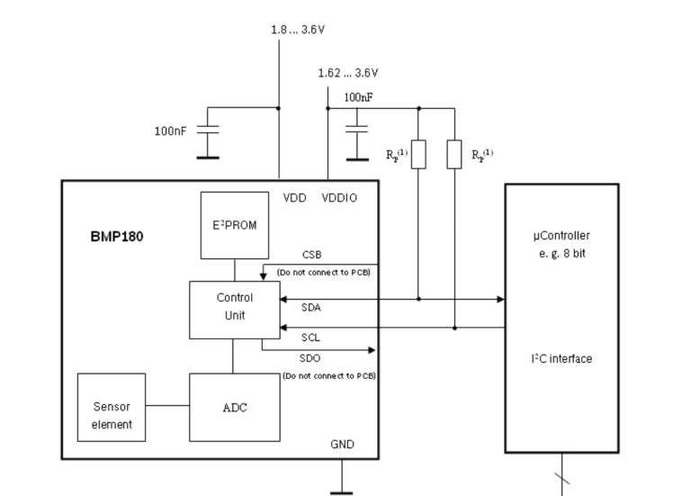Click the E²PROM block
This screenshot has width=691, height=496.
235,225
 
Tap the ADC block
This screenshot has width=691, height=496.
234,407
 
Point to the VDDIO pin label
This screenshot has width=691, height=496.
339,197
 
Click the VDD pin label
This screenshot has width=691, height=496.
295,197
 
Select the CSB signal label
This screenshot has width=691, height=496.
312,255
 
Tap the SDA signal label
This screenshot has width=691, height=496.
312,308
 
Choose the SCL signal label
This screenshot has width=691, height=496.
312,337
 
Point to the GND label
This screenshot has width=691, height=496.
342,444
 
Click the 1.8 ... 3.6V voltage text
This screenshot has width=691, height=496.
298,29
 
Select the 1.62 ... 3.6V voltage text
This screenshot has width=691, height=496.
348,73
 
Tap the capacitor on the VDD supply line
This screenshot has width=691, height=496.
208,131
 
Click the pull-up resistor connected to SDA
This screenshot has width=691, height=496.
418,154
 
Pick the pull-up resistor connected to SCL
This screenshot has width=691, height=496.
455,154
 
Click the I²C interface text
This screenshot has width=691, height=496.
561,359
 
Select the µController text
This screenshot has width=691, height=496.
561,234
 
